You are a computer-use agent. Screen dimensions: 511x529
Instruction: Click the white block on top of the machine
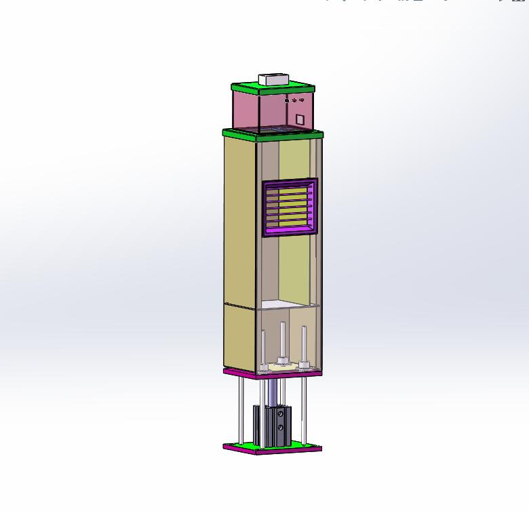click(x=273, y=79)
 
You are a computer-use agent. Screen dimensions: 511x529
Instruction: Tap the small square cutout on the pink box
click(x=300, y=119)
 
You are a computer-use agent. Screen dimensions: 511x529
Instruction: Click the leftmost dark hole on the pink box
click(x=286, y=101)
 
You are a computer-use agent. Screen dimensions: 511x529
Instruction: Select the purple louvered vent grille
click(x=290, y=207)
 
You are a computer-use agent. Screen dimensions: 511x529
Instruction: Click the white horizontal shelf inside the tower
click(x=288, y=303)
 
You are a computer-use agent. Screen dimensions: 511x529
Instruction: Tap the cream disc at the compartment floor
click(x=281, y=367)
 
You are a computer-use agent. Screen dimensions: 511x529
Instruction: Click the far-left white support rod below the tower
click(x=239, y=410)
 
